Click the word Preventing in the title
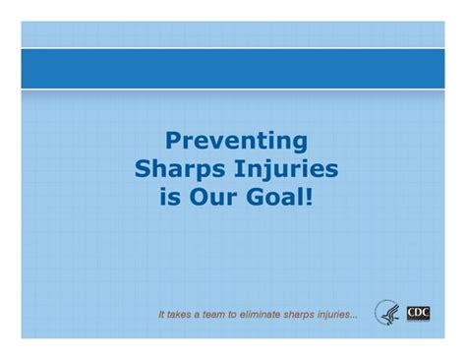point(235,142)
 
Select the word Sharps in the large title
point(183,169)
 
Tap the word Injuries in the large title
point(287,169)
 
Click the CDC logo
point(418,314)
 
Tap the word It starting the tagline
point(162,316)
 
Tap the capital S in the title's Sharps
point(144,169)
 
